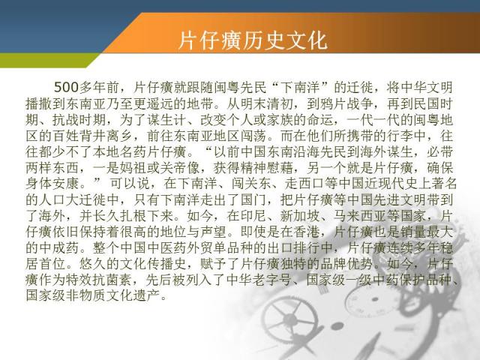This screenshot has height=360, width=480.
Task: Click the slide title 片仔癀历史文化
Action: tap(253, 40)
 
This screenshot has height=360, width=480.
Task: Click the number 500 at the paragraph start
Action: tap(67, 88)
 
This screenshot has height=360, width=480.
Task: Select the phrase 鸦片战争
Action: tap(346, 103)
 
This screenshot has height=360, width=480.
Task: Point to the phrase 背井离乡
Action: tap(105, 136)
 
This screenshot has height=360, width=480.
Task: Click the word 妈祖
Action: tap(133, 168)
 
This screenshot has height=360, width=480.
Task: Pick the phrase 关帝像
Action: tap(180, 168)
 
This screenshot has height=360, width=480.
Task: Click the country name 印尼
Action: tap(253, 216)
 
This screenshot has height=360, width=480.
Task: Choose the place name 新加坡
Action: tap(300, 216)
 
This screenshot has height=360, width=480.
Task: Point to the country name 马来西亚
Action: tap(360, 216)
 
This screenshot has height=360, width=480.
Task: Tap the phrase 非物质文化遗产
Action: tap(112, 295)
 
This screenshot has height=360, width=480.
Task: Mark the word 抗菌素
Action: tap(112, 280)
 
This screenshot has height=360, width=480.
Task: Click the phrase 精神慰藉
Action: tap(266, 168)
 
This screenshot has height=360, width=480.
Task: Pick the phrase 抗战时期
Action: tap(79, 120)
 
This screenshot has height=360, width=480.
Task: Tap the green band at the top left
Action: tap(46, 60)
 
